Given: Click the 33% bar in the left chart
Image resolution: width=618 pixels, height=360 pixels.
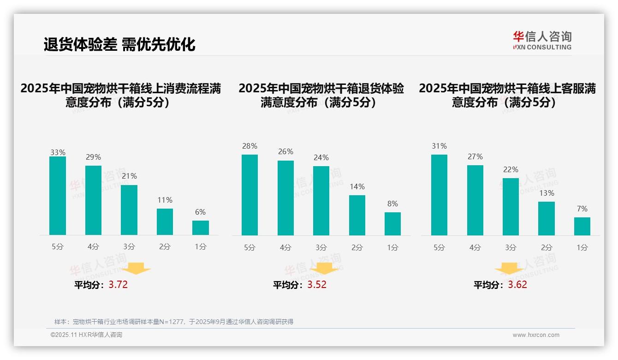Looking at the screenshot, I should [58, 196].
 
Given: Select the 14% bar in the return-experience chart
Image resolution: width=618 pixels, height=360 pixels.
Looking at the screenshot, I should [357, 215].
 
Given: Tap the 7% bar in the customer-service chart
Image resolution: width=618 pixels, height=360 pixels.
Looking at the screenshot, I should [582, 226].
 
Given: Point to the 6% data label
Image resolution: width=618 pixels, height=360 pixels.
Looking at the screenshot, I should [200, 212].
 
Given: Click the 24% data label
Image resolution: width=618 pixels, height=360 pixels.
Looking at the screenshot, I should [321, 157].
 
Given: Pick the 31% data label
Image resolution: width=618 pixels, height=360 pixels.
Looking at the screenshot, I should [439, 146].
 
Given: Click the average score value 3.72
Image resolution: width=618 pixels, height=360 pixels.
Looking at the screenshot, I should [118, 284].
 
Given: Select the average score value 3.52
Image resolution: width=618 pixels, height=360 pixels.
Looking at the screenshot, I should [317, 284].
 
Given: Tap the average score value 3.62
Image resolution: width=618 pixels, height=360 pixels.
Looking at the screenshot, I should [517, 284].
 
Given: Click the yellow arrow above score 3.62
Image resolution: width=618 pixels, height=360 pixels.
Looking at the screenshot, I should [509, 270].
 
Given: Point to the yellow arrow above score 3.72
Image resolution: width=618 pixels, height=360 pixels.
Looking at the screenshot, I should [137, 268].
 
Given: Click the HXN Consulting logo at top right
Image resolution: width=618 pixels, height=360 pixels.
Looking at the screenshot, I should [542, 40].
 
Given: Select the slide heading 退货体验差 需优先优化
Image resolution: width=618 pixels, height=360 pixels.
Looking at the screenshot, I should [119, 44].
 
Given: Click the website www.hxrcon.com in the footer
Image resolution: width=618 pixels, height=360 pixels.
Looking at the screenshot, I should [536, 335].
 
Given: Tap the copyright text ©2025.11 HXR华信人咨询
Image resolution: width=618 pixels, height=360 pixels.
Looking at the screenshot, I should [86, 335].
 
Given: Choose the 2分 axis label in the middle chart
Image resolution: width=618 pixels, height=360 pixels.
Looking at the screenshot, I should [357, 247].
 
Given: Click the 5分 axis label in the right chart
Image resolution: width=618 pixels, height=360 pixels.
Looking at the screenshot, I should [439, 247].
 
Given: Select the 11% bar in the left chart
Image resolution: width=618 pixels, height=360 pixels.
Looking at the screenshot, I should [165, 222].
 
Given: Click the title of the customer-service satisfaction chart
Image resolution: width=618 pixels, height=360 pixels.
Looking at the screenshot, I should [507, 95].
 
